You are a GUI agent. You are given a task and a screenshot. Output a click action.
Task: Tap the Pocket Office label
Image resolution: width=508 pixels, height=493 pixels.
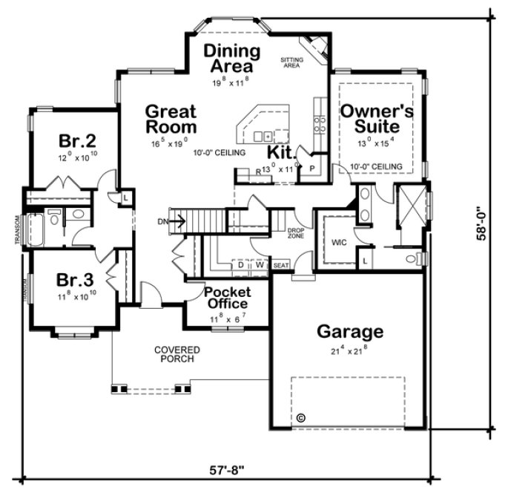coord(227,298)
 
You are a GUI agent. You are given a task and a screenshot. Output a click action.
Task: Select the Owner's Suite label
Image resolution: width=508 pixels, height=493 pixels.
coord(376,118)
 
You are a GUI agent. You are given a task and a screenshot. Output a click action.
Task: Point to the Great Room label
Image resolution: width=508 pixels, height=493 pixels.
coord(171,119)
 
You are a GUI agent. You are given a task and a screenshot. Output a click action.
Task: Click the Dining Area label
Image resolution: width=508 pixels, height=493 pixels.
coord(232,59)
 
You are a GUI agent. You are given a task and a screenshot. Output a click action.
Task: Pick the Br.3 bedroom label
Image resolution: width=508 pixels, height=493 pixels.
coord(76,280)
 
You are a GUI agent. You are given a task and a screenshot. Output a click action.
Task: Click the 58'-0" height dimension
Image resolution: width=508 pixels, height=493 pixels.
coord(483,223)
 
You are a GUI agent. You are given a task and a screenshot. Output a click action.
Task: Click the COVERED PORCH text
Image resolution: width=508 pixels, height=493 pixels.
coord(175,354)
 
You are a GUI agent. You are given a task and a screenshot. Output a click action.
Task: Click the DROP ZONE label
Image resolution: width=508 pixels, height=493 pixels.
coord(296,233)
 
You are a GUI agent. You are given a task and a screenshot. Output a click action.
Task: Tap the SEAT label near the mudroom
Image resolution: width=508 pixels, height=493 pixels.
coord(281,264)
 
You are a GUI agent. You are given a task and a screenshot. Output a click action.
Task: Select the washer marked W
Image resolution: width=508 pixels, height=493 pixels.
coord(260,264)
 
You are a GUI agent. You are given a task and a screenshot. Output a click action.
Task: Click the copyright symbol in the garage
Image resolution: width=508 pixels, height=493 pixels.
coord(300,418)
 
